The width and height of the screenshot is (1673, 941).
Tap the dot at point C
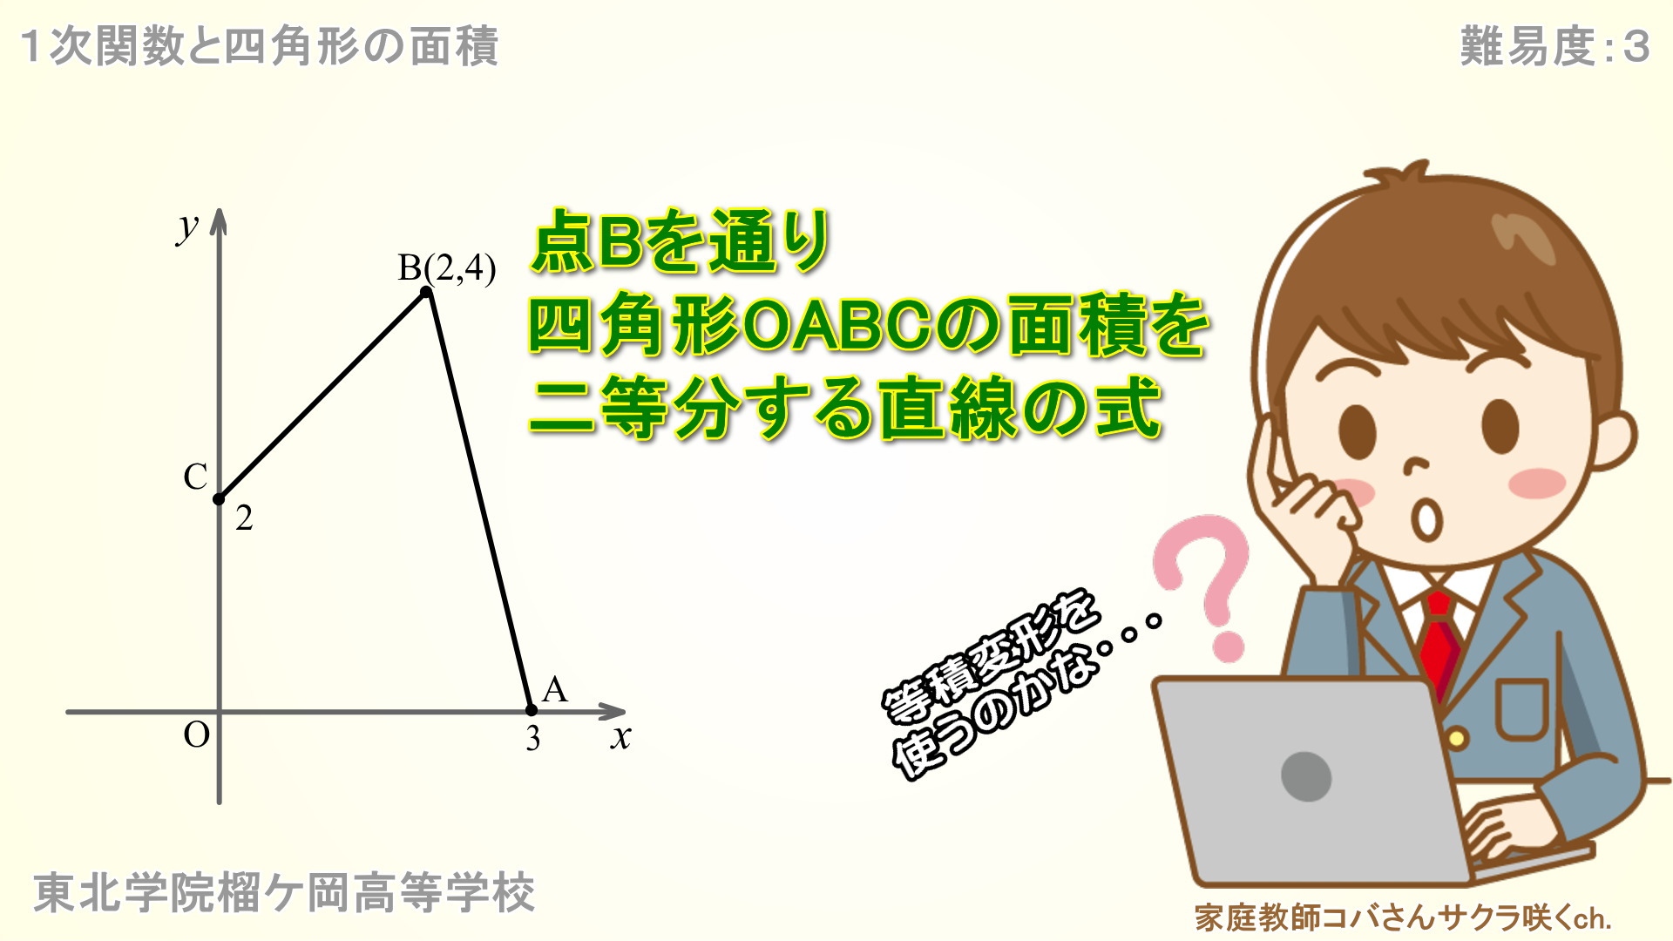tap(219, 499)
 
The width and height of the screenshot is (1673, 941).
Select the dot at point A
tap(532, 710)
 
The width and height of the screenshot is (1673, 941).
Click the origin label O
tap(197, 735)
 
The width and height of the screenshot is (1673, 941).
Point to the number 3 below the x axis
tap(533, 739)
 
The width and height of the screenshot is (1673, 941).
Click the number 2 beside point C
tap(244, 518)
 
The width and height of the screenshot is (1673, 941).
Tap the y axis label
tap(188, 227)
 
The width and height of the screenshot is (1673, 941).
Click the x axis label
tap(620, 737)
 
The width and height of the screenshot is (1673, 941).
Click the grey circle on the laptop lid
tap(1306, 775)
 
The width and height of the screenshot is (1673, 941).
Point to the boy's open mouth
tap(1427, 520)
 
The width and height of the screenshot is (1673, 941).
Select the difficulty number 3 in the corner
tap(1636, 46)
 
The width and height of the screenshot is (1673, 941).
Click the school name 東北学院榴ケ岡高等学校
tap(284, 893)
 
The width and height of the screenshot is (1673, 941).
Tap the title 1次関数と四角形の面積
tap(259, 46)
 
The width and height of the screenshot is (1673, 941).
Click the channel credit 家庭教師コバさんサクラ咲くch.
tap(1403, 917)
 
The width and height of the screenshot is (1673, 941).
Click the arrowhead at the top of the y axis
tap(219, 220)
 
